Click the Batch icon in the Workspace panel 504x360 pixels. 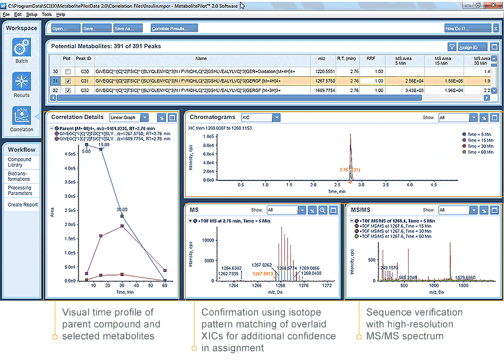pyautogui.click(x=21, y=48)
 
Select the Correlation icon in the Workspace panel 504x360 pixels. pyautogui.click(x=21, y=117)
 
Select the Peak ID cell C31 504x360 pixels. pyautogui.click(x=84, y=81)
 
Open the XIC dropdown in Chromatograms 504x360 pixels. pyautogui.click(x=259, y=118)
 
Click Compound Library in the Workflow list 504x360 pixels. pyautogui.click(x=20, y=162)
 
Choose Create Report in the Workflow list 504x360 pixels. pyautogui.click(x=23, y=205)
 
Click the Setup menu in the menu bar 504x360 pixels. pyautogui.click(x=32, y=14)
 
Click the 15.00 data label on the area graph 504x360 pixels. pyautogui.click(x=104, y=145)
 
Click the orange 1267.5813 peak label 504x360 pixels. pyautogui.click(x=264, y=274)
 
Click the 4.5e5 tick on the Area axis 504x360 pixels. pyautogui.click(x=69, y=154)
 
